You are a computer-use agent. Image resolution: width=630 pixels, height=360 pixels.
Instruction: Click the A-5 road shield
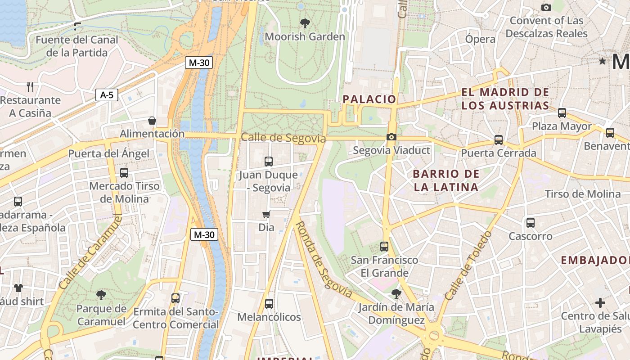(107, 95)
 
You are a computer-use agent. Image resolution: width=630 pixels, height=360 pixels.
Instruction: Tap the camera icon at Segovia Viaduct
(391, 137)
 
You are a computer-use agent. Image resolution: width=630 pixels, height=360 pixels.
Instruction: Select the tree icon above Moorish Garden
(305, 23)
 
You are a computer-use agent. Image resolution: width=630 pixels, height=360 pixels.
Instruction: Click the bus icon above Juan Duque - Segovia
(269, 161)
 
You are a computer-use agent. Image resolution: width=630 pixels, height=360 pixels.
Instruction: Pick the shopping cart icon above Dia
(266, 215)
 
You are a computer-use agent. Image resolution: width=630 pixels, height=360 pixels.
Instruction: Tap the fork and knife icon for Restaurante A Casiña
(30, 86)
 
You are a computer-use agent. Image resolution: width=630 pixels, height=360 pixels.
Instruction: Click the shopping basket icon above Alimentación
(152, 121)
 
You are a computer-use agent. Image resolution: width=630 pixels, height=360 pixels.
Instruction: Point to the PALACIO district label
(369, 99)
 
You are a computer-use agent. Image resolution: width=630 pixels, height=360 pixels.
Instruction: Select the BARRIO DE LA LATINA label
(445, 180)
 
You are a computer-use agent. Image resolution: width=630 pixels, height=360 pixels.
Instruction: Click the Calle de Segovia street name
(283, 138)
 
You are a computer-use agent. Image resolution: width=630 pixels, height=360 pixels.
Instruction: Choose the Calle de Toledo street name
(468, 266)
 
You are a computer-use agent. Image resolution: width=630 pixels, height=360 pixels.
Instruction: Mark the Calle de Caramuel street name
(90, 252)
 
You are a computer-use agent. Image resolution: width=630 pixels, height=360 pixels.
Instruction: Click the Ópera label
(480, 39)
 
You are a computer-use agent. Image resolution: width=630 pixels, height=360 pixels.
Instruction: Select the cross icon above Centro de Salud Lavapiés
(600, 303)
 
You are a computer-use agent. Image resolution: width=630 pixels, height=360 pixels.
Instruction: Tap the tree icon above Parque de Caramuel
(101, 295)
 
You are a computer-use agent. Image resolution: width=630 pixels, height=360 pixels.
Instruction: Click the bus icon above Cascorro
(531, 222)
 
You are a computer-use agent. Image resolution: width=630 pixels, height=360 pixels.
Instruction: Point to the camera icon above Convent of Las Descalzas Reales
(546, 7)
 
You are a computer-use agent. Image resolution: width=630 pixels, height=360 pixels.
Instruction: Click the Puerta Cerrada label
(499, 153)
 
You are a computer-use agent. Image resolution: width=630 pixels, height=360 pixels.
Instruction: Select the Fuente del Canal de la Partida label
(77, 46)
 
